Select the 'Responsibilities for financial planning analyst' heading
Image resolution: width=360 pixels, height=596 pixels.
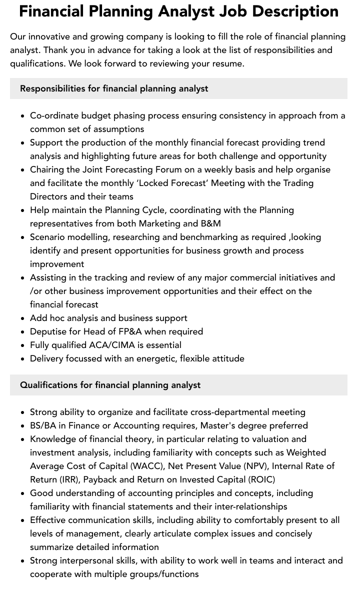coord(114,88)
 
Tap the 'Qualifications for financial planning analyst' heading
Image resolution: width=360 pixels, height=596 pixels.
coord(110,385)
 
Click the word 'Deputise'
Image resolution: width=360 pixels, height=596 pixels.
coord(49,331)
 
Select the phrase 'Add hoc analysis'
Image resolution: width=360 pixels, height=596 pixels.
coord(64,318)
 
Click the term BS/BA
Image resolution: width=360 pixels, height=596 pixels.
coord(43,425)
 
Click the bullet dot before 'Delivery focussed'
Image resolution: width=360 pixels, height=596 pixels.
coord(23,359)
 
